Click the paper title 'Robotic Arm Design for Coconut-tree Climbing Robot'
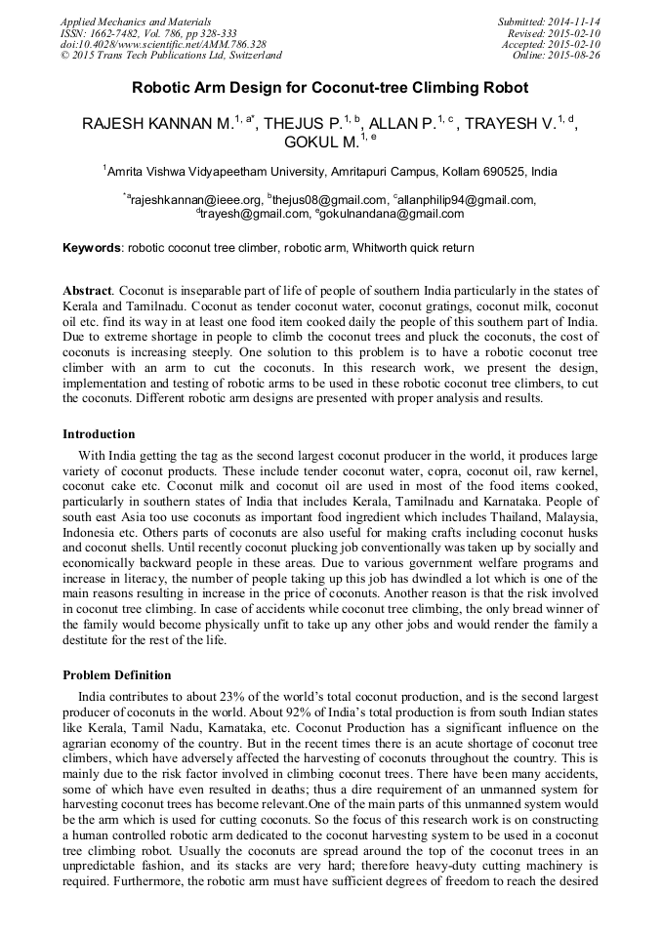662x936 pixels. [x=330, y=88]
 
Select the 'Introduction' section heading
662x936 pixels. [x=99, y=434]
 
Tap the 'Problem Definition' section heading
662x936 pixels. [x=116, y=675]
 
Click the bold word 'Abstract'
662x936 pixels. [x=87, y=291]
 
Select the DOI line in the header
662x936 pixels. [x=163, y=44]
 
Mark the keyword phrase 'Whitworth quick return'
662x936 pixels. [x=415, y=248]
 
